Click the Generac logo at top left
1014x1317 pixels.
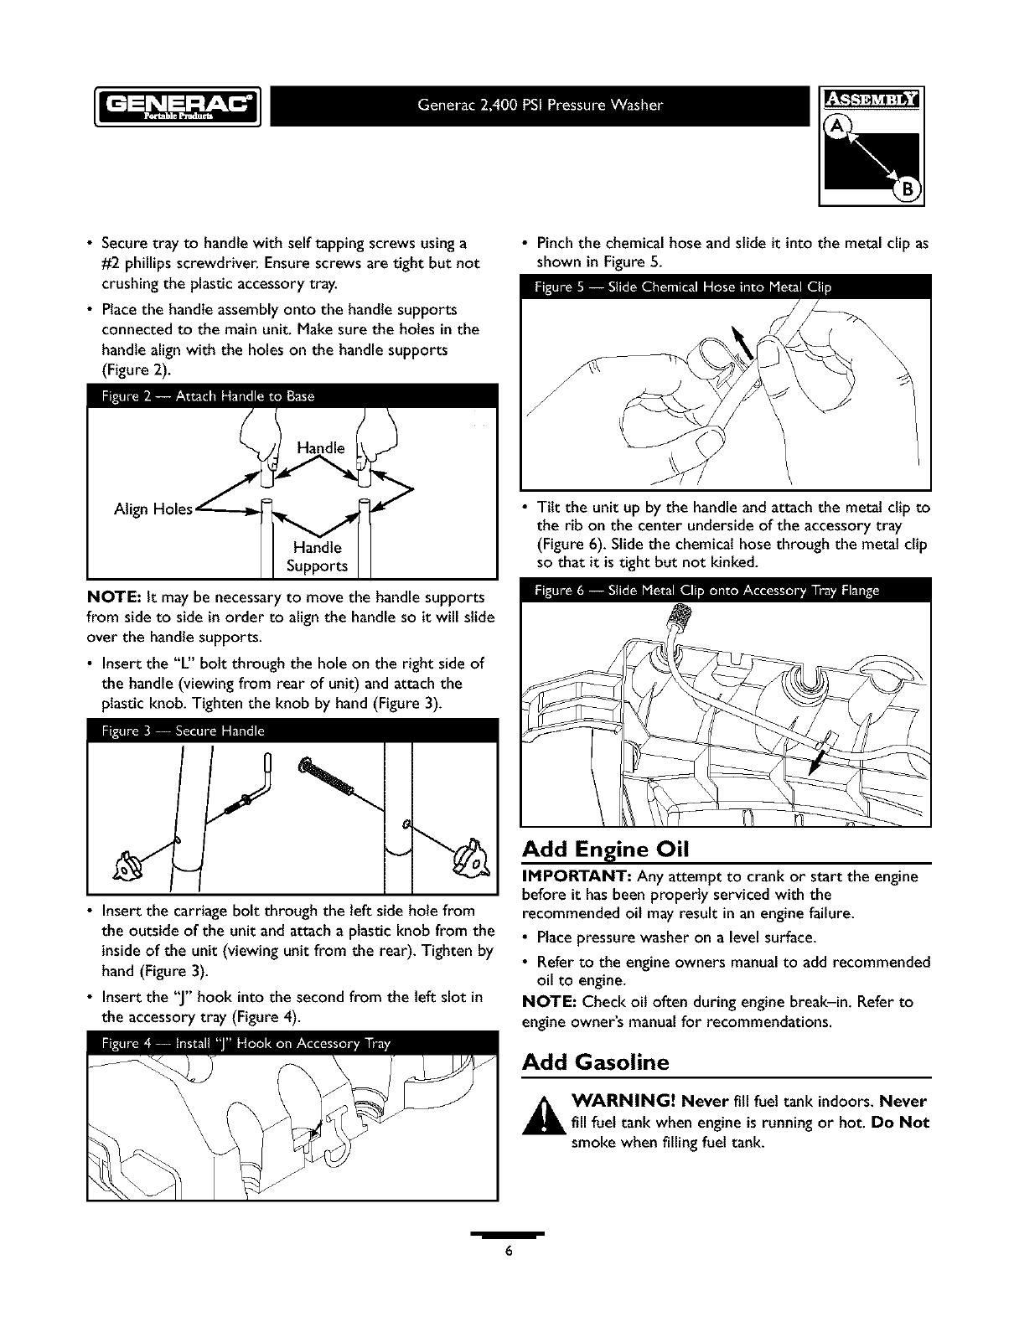pyautogui.click(x=178, y=106)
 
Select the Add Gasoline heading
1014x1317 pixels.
pyautogui.click(x=595, y=1062)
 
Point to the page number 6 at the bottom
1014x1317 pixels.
pyautogui.click(x=507, y=1252)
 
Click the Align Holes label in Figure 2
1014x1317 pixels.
pyautogui.click(x=153, y=509)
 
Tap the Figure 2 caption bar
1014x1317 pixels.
pyautogui.click(x=292, y=396)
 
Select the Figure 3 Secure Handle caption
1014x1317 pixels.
pyautogui.click(x=292, y=731)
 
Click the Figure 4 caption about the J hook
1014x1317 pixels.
pyautogui.click(x=292, y=1043)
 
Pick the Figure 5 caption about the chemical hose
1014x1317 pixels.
pyautogui.click(x=726, y=288)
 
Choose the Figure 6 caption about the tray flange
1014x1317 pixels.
pyautogui.click(x=726, y=591)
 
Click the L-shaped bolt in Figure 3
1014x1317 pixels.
pyautogui.click(x=251, y=792)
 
